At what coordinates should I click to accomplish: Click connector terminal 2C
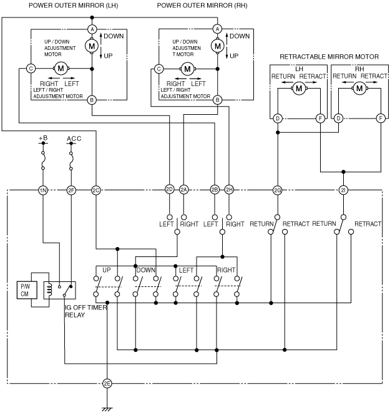[x=96, y=190]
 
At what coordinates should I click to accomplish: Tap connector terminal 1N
[x=43, y=190]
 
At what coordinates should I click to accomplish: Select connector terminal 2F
[x=71, y=190]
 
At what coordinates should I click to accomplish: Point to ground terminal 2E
[x=107, y=384]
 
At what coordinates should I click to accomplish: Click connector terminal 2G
[x=278, y=190]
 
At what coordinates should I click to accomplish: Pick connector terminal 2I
[x=343, y=190]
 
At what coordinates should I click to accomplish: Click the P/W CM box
[x=27, y=290]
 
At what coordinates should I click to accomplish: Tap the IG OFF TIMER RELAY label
[x=85, y=311]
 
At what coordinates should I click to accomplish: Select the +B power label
[x=43, y=138]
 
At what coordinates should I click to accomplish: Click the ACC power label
[x=74, y=138]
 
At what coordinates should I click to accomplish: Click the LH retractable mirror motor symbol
[x=299, y=89]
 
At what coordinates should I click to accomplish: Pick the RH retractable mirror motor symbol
[x=359, y=89]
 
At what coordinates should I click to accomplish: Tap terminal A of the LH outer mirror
[x=92, y=29]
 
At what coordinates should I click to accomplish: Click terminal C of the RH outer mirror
[x=158, y=69]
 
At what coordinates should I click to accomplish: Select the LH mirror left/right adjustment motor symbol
[x=61, y=69]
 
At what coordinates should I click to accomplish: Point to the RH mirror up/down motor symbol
[x=218, y=46]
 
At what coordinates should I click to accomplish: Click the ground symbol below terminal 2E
[x=107, y=409]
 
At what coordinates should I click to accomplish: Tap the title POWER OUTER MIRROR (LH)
[x=73, y=5]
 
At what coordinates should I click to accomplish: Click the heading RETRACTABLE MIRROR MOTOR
[x=329, y=57]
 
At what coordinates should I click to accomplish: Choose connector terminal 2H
[x=229, y=190]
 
